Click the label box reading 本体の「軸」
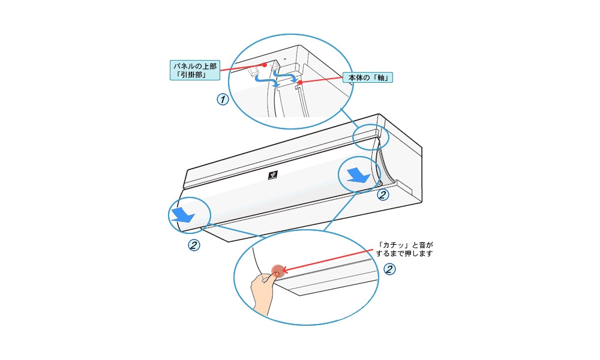pyautogui.click(x=368, y=78)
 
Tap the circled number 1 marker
pyautogui.click(x=223, y=99)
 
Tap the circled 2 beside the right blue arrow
pyautogui.click(x=382, y=194)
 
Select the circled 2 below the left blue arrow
pyautogui.click(x=194, y=245)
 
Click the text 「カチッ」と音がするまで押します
pyautogui.click(x=405, y=250)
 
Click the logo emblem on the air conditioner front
pyautogui.click(x=273, y=176)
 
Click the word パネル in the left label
pyautogui.click(x=182, y=64)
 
